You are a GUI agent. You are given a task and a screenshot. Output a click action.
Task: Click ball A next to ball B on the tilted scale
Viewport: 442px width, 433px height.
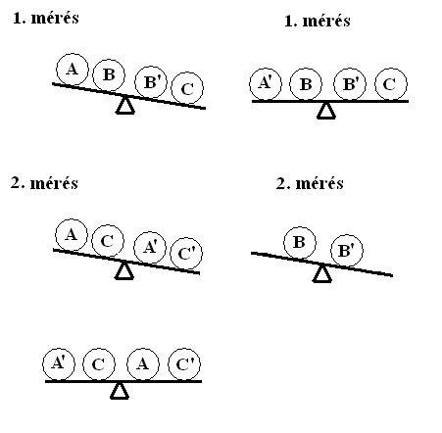coord(73,70)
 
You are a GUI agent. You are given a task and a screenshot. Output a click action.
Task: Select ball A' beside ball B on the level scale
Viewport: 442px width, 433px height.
coord(266,84)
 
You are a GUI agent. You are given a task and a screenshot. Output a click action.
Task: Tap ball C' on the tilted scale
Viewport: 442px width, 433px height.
coord(186,254)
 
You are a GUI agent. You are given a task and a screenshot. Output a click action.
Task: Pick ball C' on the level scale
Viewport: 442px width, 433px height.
coord(184,364)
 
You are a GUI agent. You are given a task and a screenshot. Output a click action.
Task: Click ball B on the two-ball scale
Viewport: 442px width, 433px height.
coord(300,243)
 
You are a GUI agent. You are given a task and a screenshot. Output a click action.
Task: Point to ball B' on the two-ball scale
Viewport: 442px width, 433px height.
coord(347,251)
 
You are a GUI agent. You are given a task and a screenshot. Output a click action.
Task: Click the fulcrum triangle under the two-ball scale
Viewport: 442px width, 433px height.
coord(322,273)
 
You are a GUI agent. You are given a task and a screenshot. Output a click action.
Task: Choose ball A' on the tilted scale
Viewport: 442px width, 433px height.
coord(150,248)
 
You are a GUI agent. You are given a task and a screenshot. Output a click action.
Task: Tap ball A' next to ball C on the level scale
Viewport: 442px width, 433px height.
coord(59,364)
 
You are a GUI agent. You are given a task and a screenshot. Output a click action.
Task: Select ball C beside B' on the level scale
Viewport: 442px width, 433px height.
coord(391,84)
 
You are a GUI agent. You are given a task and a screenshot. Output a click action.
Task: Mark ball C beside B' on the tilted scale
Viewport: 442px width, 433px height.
coord(187,88)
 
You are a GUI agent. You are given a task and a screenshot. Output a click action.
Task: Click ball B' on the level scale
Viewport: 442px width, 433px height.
coord(350,84)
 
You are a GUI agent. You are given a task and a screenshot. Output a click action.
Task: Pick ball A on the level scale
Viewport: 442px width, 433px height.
coord(143,364)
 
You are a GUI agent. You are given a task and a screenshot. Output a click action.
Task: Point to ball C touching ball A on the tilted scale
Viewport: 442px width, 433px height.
coord(108,241)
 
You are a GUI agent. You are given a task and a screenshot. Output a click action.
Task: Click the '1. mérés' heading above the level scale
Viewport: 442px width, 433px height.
coord(318,22)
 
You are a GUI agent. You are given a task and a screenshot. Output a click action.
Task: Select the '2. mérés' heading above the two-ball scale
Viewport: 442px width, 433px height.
coord(310,183)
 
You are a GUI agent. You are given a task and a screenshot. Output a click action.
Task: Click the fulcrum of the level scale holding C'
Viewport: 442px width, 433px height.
coord(120,391)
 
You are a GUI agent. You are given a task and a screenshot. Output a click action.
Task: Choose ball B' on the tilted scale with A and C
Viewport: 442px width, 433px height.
coord(151,82)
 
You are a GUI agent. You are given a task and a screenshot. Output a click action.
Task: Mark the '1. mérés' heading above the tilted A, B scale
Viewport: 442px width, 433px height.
coord(46,19)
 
